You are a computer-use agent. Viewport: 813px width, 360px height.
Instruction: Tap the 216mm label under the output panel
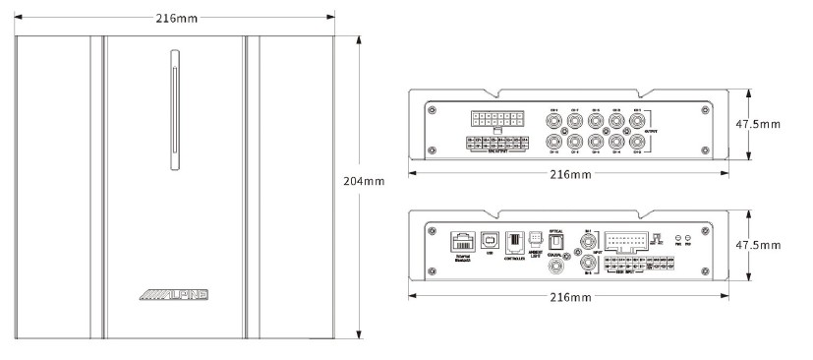568,174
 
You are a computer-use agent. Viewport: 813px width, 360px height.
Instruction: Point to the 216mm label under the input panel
568,296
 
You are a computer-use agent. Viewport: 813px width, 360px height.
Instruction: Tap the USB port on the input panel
489,240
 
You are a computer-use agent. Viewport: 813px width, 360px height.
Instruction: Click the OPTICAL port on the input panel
556,240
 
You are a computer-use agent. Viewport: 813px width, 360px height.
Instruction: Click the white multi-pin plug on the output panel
495,120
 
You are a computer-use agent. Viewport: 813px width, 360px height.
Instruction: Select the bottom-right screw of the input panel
706,271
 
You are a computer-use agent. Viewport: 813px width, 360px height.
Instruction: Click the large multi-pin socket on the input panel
623,241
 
